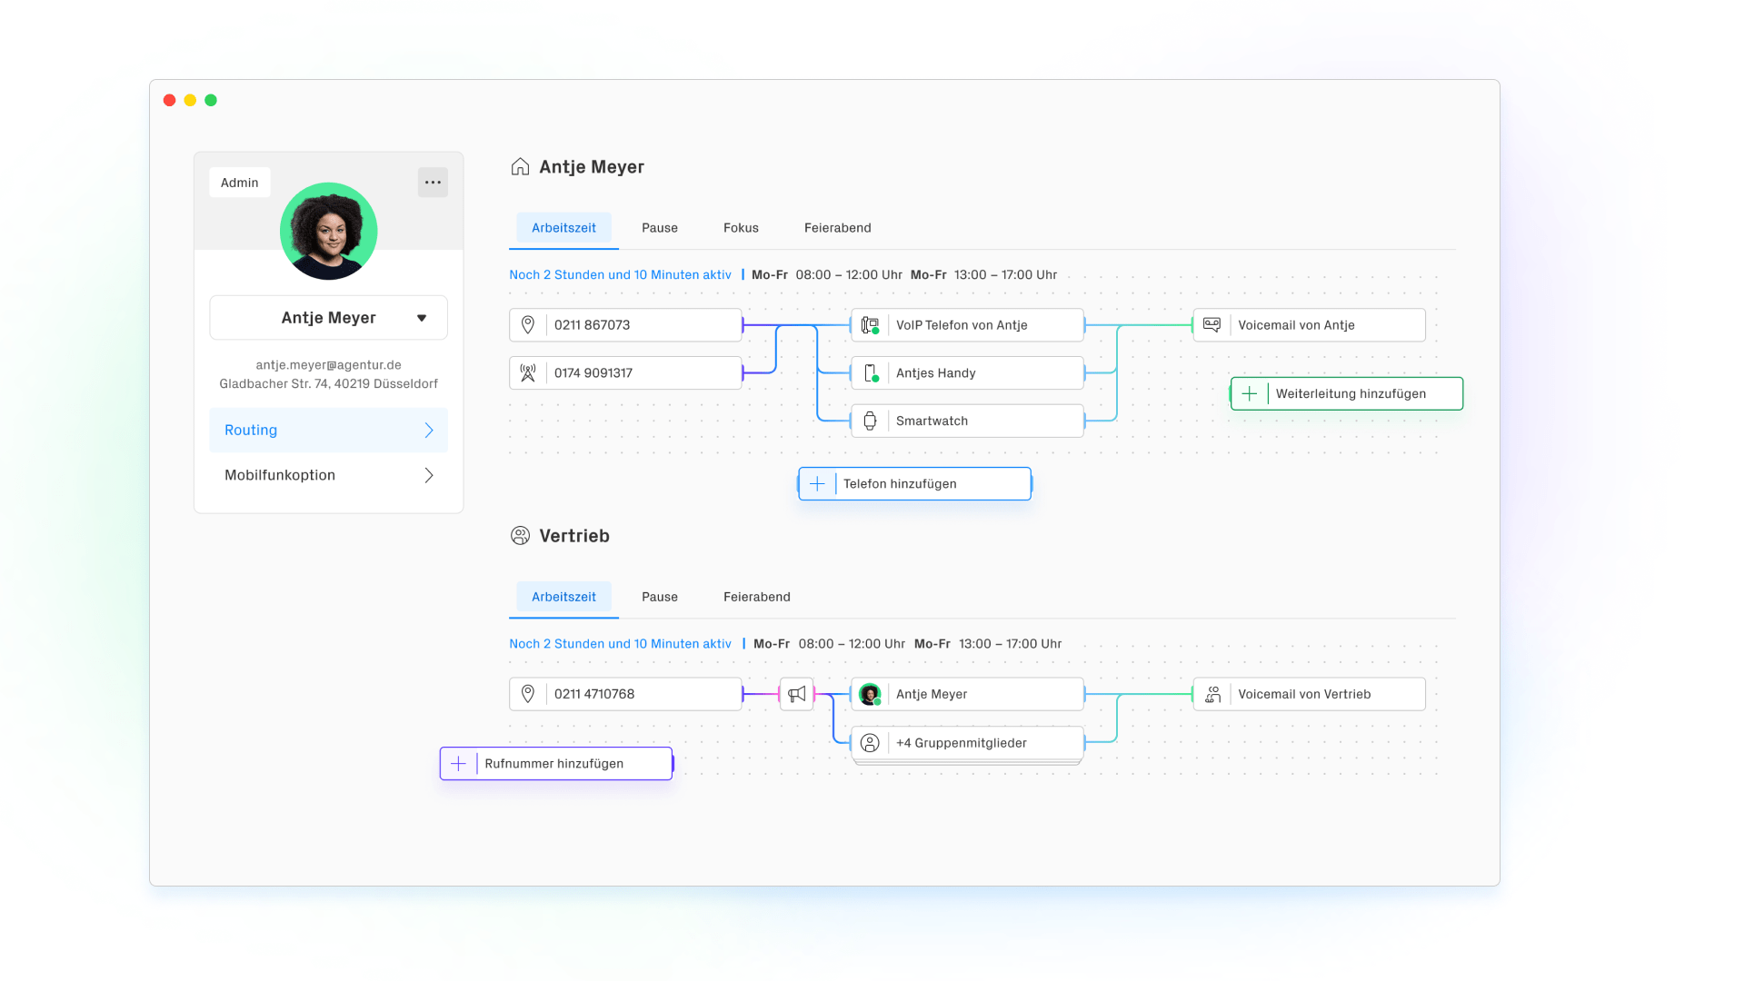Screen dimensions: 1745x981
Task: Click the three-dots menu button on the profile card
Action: coord(433,183)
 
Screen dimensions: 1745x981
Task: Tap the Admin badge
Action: coord(240,183)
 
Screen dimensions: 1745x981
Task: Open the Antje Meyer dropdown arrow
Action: coord(422,318)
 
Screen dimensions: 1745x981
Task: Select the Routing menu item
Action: coord(328,431)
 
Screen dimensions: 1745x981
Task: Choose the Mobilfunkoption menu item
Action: coord(328,475)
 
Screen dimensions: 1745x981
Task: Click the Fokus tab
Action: coord(741,228)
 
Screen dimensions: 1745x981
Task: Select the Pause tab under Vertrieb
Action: coord(660,597)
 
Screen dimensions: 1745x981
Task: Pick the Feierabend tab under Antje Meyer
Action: coord(837,228)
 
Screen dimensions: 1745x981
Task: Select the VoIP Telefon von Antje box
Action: coord(967,325)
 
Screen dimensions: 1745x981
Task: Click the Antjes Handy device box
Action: coord(967,373)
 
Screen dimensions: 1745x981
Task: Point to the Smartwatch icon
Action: coord(870,421)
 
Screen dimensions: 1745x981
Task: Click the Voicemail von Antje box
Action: coord(1309,325)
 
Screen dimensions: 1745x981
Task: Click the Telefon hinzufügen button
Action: coord(914,484)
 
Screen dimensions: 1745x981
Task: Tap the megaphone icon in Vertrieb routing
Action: coord(797,694)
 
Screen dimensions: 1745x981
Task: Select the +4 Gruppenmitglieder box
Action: coord(967,743)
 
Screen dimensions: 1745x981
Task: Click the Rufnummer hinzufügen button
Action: coord(556,764)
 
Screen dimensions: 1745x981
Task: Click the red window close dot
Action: coord(169,100)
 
